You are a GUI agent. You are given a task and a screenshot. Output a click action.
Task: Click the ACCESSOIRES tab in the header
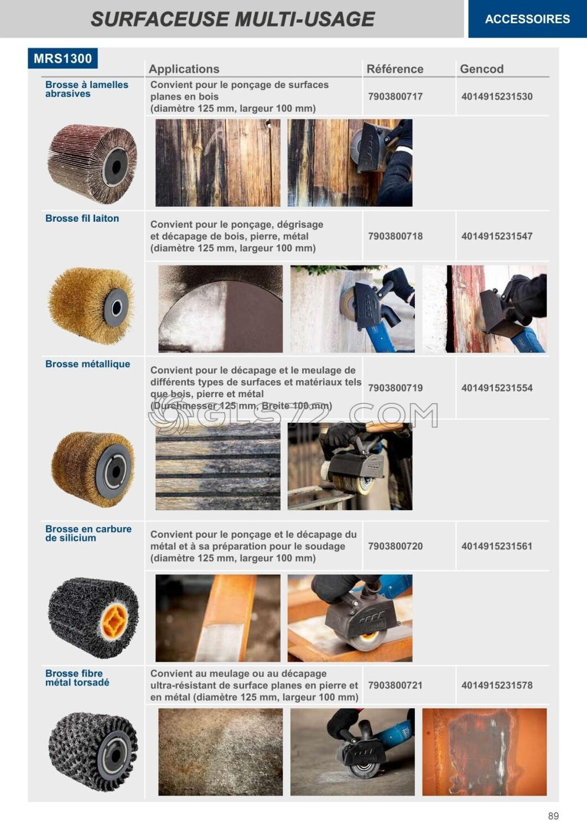click(527, 19)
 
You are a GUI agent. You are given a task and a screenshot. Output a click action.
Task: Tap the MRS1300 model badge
click(63, 58)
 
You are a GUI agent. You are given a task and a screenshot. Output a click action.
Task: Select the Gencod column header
click(481, 69)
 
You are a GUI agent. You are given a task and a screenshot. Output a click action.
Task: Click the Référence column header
click(395, 69)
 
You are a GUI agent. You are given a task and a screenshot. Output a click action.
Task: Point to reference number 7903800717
click(396, 97)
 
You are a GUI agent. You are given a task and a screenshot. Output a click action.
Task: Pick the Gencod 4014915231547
click(497, 236)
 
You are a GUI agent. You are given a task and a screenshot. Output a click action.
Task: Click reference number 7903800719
click(396, 388)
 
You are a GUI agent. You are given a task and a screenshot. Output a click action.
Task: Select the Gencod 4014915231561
click(497, 546)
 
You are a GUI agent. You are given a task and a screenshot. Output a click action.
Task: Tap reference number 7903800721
click(396, 685)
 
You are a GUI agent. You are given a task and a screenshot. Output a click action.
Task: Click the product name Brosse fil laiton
click(82, 219)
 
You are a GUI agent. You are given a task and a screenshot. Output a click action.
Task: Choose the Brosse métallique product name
click(87, 364)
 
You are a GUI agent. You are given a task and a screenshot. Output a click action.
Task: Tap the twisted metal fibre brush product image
click(93, 751)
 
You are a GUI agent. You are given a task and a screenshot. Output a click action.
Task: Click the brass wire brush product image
click(92, 306)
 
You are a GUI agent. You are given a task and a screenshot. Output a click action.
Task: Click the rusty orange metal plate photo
click(485, 752)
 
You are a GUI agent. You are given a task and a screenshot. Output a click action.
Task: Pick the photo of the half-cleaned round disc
click(221, 309)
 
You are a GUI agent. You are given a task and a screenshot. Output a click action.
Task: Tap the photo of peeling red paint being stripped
click(485, 309)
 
